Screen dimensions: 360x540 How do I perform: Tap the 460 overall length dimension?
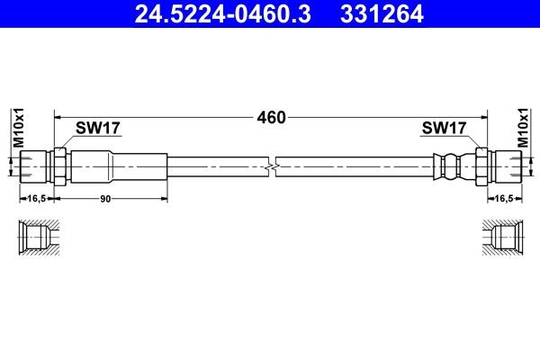tap(271, 117)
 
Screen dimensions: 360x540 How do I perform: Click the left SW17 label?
tap(98, 129)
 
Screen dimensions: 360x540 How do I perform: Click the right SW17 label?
tap(445, 129)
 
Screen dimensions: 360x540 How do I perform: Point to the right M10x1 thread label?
tap(525, 126)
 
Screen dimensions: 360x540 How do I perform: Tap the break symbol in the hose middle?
tap(272, 167)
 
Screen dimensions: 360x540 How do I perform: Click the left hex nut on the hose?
tap(60, 167)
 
